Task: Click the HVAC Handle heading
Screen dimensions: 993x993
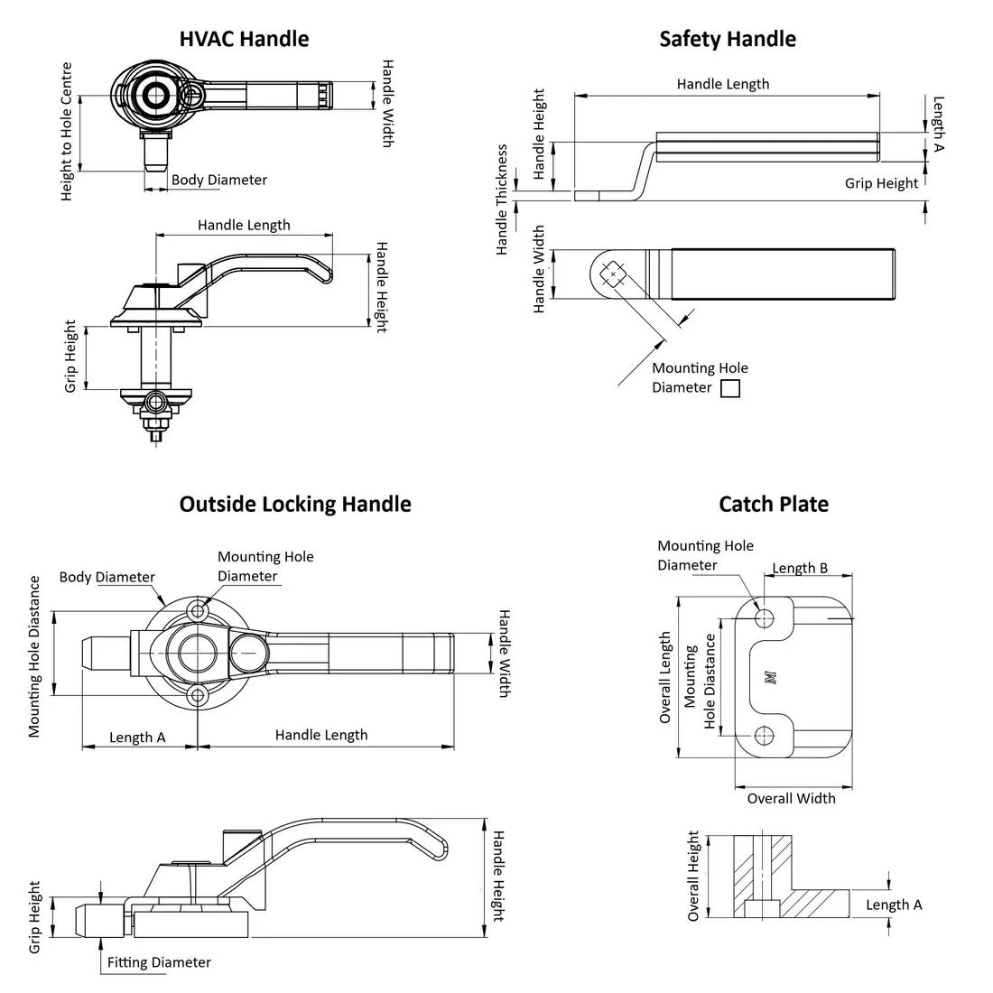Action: tap(244, 39)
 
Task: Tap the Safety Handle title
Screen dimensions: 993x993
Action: tap(728, 39)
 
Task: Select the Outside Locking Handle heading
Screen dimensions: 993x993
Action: tap(294, 504)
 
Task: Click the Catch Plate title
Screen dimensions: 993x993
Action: tap(773, 504)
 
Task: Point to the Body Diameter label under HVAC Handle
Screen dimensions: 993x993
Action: tap(219, 180)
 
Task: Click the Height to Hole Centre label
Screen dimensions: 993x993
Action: tap(67, 132)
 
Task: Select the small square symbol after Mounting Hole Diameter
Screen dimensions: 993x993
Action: tap(730, 388)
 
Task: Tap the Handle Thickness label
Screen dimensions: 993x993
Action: tap(502, 200)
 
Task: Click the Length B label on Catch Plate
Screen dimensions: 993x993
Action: tap(800, 568)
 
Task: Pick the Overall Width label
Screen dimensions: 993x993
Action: tap(791, 798)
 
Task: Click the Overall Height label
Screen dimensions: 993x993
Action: tap(693, 876)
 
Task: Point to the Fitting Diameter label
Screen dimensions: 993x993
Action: tap(159, 962)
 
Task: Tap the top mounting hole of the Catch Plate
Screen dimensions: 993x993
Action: tap(765, 617)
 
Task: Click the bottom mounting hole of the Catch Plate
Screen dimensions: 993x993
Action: tap(765, 733)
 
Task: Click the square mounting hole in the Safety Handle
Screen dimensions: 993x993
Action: tap(613, 274)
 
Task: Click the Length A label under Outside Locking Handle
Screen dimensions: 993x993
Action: tap(137, 738)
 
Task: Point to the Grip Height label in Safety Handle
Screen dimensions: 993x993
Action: tap(881, 183)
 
